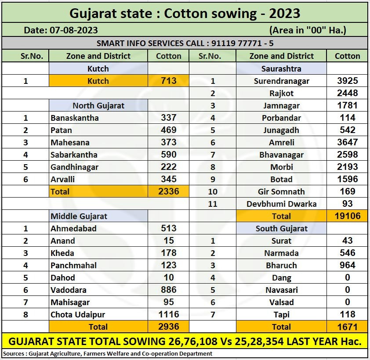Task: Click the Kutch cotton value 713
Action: click(x=169, y=81)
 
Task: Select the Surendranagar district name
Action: click(x=281, y=81)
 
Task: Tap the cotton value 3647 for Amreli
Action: click(x=347, y=142)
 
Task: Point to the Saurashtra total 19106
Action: click(x=347, y=216)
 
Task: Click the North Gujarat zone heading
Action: click(x=98, y=105)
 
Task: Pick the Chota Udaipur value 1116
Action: click(x=169, y=314)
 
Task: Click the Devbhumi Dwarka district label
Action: click(x=281, y=204)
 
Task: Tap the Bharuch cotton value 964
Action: click(x=347, y=265)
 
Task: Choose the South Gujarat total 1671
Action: click(x=347, y=327)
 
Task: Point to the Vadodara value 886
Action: click(x=169, y=290)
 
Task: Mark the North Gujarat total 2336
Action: click(x=169, y=191)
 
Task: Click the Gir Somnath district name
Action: click(x=281, y=191)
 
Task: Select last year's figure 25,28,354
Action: click(x=255, y=342)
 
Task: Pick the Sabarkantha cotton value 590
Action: click(x=169, y=155)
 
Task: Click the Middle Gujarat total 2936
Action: click(x=169, y=327)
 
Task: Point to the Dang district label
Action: click(x=281, y=277)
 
